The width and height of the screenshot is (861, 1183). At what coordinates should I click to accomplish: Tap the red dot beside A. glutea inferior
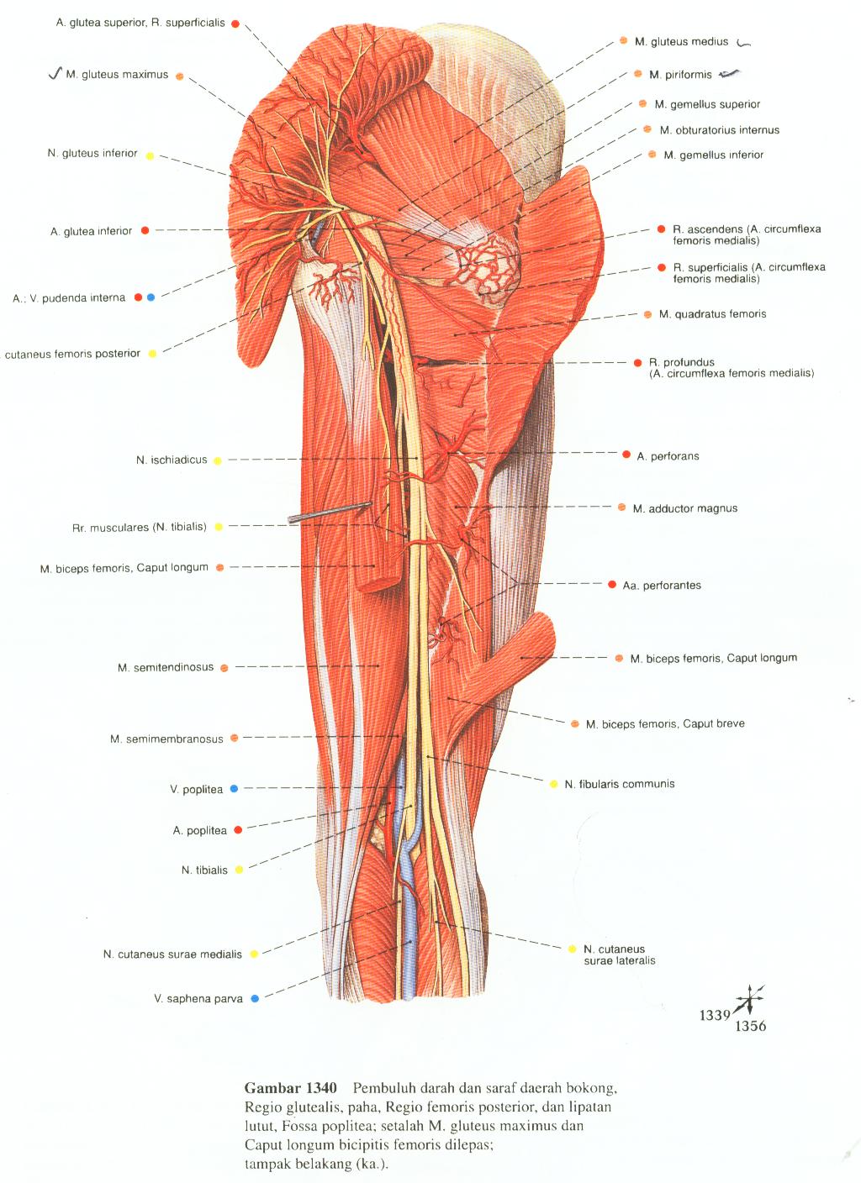pyautogui.click(x=145, y=230)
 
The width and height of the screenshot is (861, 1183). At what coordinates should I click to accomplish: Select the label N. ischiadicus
pyautogui.click(x=172, y=460)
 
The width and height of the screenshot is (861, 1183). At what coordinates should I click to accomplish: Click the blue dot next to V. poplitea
pyautogui.click(x=234, y=789)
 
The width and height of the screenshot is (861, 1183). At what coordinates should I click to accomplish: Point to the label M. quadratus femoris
pyautogui.click(x=712, y=314)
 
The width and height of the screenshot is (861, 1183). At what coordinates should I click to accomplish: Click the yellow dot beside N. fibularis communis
pyautogui.click(x=553, y=784)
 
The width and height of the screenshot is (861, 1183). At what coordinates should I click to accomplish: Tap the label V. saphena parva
pyautogui.click(x=198, y=999)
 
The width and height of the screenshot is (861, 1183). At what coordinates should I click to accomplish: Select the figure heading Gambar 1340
pyautogui.click(x=290, y=1087)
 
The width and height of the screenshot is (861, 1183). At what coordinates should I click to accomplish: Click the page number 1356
pyautogui.click(x=750, y=1026)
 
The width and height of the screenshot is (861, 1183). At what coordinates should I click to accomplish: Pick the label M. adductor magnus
pyautogui.click(x=684, y=508)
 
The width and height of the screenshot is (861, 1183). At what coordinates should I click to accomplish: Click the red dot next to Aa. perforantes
pyautogui.click(x=611, y=585)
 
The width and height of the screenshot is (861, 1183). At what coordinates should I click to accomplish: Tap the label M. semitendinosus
pyautogui.click(x=166, y=668)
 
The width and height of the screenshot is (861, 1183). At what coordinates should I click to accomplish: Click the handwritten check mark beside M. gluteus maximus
pyautogui.click(x=55, y=74)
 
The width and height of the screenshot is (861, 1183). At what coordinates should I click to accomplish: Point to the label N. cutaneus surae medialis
pyautogui.click(x=172, y=954)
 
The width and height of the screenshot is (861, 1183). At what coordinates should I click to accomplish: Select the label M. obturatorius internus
pyautogui.click(x=719, y=130)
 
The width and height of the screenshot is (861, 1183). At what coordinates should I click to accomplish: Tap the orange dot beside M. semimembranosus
pyautogui.click(x=235, y=739)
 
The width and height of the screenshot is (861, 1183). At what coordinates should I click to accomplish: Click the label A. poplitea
pyautogui.click(x=200, y=831)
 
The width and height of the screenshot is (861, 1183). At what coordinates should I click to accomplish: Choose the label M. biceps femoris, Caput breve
pyautogui.click(x=665, y=723)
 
